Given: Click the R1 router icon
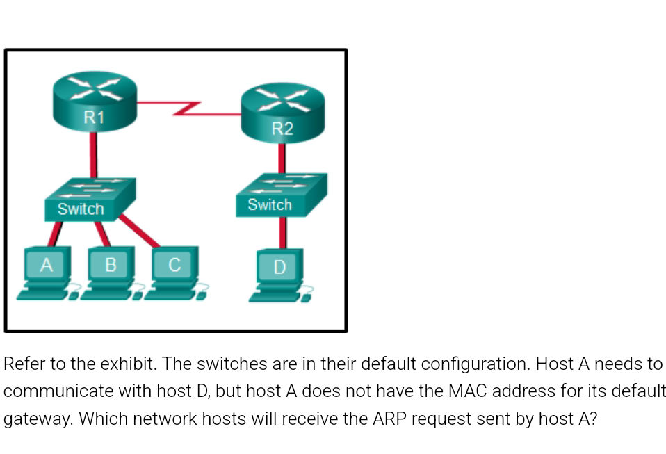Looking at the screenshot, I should (95, 104).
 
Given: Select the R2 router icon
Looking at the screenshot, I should (282, 115).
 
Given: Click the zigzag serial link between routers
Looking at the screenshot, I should (188, 108).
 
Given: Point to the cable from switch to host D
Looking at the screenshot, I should (282, 233).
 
